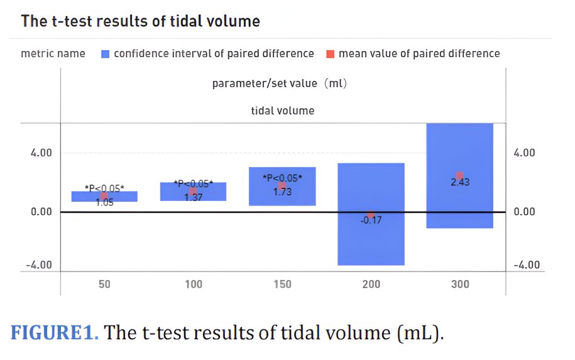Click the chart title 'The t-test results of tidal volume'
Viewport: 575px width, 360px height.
140,21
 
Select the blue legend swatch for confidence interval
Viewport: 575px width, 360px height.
105,54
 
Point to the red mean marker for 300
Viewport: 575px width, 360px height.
459,176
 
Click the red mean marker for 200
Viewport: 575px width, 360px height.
371,215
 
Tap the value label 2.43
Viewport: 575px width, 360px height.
459,183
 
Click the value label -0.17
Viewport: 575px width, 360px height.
371,221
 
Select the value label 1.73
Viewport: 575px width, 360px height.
282,192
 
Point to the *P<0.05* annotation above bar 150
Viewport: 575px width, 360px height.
282,178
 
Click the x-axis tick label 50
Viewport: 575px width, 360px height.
104,285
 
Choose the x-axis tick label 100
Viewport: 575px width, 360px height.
193,285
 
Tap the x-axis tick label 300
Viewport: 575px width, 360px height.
459,285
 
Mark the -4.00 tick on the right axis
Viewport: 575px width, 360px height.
526,265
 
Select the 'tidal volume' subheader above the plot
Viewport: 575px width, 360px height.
282,111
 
